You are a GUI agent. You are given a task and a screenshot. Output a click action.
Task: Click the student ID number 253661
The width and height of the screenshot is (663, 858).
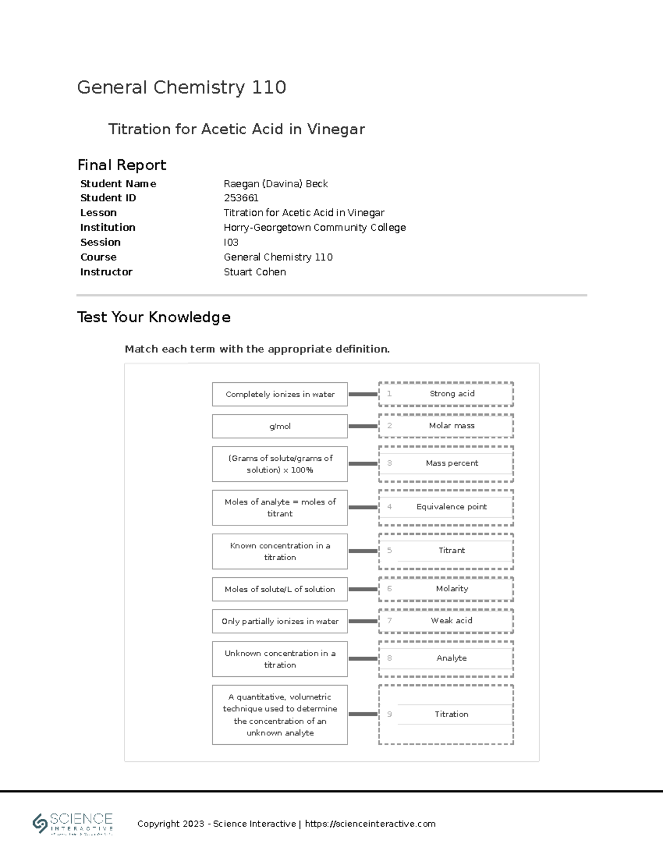(241, 198)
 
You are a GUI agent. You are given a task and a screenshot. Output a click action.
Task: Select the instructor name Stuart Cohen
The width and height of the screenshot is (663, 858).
(255, 272)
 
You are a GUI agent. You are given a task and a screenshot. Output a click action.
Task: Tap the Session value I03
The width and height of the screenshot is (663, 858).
(231, 242)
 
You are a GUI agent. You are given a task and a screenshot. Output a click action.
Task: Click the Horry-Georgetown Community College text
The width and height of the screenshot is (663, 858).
(314, 228)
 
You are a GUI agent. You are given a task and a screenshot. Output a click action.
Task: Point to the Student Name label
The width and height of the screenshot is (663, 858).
(118, 183)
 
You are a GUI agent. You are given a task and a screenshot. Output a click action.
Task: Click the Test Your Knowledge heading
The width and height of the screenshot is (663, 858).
(154, 317)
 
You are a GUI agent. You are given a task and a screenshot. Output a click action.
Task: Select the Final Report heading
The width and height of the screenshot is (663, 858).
(122, 165)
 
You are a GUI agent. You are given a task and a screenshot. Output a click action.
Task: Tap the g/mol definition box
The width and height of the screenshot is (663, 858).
(280, 427)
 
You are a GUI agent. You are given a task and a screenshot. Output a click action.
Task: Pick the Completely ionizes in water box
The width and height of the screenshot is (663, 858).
(280, 394)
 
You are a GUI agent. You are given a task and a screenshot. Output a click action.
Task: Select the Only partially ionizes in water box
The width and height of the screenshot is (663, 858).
(280, 622)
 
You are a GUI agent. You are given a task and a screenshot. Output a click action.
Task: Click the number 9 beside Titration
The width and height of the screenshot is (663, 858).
(390, 714)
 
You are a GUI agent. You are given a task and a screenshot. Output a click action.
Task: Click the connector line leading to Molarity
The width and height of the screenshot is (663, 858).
(363, 589)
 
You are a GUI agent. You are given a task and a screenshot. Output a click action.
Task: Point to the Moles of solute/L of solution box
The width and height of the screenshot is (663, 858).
(280, 589)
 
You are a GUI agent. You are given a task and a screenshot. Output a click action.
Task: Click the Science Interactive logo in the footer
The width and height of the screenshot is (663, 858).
(73, 824)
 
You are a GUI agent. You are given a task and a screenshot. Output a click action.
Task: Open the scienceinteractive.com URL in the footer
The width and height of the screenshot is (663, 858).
(370, 824)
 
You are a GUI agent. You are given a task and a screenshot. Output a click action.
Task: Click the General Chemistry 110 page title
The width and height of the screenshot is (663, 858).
(181, 87)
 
